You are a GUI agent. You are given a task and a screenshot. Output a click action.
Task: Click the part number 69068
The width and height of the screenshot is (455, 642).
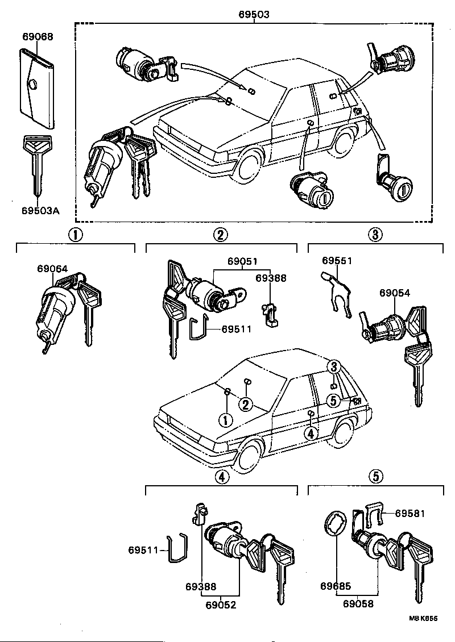click(38, 37)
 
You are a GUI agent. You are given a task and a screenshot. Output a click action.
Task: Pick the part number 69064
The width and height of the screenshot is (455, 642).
click(53, 268)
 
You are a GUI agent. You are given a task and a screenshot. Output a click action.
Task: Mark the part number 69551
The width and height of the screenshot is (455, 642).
click(337, 261)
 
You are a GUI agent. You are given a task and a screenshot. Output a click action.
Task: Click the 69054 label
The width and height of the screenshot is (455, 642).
click(395, 293)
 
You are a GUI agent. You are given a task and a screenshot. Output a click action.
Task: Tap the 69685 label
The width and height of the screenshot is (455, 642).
click(335, 586)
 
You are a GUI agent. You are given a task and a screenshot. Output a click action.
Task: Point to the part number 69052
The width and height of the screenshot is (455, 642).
click(221, 605)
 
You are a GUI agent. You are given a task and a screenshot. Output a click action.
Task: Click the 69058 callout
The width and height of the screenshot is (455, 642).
click(358, 605)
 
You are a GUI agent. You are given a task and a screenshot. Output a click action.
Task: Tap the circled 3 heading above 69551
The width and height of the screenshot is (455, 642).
click(375, 234)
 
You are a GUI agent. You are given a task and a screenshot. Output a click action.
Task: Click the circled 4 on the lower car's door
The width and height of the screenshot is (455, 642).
click(310, 433)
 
